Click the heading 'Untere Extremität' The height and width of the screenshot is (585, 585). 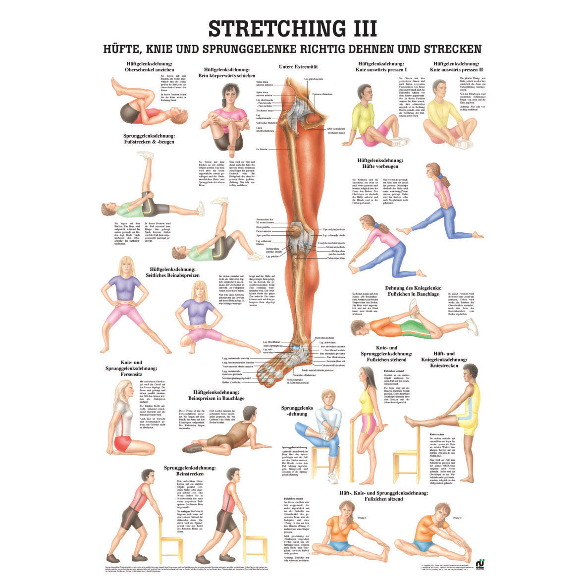[x=298, y=66]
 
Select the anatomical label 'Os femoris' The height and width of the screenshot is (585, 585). [x=261, y=149]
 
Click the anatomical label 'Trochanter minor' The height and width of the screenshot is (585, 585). [x=334, y=133]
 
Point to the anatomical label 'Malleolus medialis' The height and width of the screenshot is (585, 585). [x=324, y=338]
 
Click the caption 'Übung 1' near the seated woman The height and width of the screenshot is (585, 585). [x=363, y=518]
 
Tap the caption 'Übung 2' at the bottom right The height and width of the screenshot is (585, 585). [x=457, y=518]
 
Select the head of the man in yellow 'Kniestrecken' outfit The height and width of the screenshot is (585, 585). [x=469, y=372]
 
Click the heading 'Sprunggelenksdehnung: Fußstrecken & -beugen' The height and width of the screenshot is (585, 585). [x=149, y=138]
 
